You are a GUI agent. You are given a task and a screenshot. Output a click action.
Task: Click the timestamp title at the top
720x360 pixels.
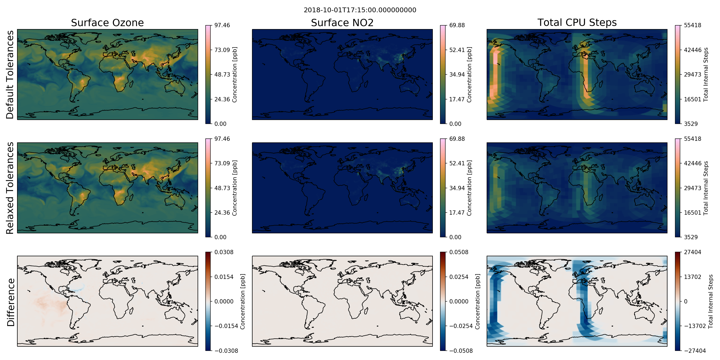coord(360,10)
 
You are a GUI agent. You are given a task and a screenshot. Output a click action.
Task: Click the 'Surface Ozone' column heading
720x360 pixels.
coord(107,23)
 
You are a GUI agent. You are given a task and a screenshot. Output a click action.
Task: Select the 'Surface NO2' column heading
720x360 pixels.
coord(342,23)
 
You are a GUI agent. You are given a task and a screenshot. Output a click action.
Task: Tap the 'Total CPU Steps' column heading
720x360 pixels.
coord(577,22)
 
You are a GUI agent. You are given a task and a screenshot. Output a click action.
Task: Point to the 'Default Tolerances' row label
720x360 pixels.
coord(10,75)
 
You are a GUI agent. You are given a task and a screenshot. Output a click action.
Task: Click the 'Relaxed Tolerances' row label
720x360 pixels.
coord(10,188)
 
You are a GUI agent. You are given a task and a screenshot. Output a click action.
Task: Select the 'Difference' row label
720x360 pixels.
coord(11,302)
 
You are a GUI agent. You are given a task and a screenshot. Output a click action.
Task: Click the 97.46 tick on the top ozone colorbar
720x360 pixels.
coord(222,25)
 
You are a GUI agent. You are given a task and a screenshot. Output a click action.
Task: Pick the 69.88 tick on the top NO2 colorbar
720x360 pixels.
coord(457,25)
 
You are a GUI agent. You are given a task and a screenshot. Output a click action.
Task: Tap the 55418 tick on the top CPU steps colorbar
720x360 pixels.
coord(693,25)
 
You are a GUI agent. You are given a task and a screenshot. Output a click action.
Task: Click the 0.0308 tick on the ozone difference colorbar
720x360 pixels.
coord(224,252)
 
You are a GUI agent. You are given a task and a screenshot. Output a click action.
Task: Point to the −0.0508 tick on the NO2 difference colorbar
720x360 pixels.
coord(461,351)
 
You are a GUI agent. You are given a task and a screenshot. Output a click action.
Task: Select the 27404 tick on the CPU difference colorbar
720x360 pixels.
coord(693,252)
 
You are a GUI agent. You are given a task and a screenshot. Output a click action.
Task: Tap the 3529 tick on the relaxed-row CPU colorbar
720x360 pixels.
coord(691,237)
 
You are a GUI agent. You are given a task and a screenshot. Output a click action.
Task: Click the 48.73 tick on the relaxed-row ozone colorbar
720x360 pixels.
coord(222,188)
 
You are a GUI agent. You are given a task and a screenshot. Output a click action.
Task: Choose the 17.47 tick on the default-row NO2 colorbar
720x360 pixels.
coord(457,99)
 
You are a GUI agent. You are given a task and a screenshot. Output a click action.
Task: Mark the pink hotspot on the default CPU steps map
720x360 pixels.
coord(495,58)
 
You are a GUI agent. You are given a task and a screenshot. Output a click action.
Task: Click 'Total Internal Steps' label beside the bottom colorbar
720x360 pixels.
coord(710,301)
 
